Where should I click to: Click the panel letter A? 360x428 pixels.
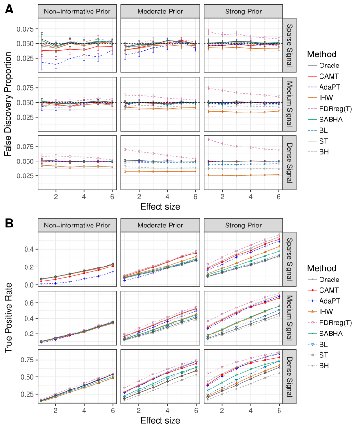coord(8,9)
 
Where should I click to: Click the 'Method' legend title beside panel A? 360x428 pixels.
coord(320,54)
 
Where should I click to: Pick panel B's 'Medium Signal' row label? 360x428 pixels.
coord(289,320)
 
